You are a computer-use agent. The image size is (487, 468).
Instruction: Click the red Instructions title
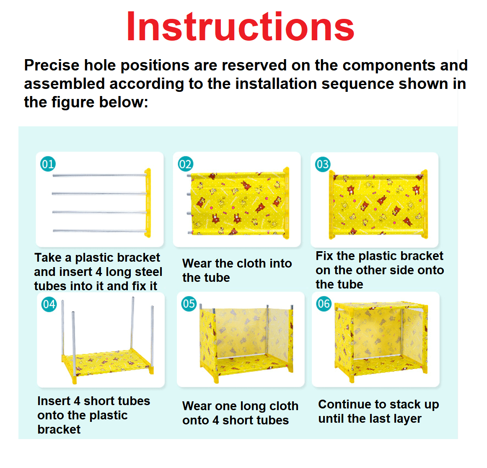point(240,26)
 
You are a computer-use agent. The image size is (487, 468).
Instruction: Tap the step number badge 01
point(48,164)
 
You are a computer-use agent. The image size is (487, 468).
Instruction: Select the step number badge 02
point(185,164)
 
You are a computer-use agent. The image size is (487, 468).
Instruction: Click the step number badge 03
point(323,164)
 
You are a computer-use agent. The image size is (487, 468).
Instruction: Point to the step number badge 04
point(49,304)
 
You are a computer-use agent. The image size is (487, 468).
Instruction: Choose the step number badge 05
point(189,304)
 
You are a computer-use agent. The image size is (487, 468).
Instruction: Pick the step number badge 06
point(324,304)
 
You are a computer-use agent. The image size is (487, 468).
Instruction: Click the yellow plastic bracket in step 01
point(148,203)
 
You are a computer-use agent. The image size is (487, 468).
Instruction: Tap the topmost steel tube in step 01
point(99,176)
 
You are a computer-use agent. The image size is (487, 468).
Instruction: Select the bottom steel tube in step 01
point(99,231)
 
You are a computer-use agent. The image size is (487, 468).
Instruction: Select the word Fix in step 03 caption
point(324,256)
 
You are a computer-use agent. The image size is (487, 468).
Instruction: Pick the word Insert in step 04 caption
point(54,401)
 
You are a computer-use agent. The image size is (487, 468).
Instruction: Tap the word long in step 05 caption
point(253,407)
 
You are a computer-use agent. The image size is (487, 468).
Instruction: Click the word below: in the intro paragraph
point(124,102)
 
